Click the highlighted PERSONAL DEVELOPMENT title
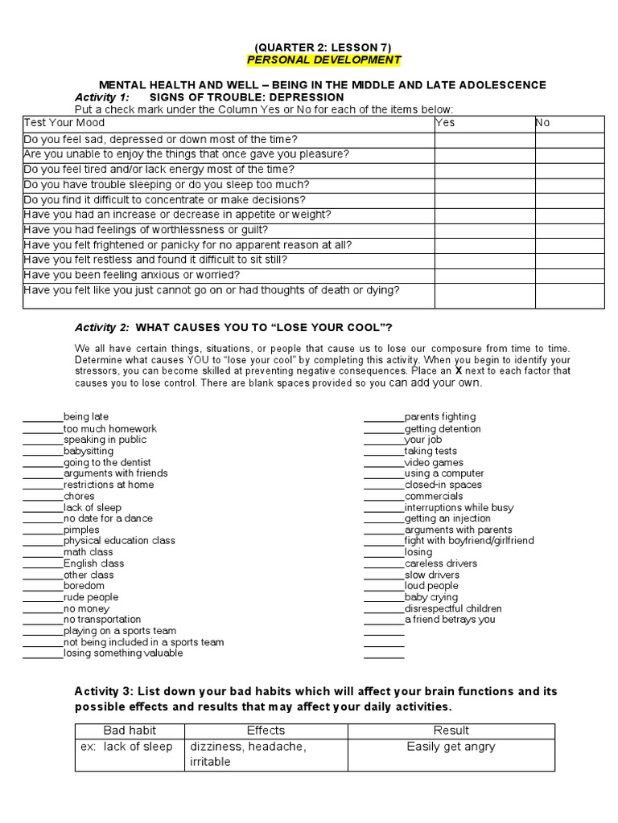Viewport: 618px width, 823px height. (323, 60)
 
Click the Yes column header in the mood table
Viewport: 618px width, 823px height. (445, 123)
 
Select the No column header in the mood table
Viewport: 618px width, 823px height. (543, 123)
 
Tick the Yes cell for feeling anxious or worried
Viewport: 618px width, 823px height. (484, 276)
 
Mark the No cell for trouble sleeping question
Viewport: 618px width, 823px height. (570, 185)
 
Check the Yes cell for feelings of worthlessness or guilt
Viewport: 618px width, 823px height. (484, 230)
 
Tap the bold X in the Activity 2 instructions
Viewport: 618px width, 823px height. (459, 371)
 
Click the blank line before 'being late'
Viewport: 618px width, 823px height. (43, 418)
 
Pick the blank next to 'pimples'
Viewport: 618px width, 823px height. (43, 530)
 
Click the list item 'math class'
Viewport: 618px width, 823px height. (89, 553)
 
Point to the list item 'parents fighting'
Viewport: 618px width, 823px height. (440, 417)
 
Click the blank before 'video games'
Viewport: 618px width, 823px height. (383, 464)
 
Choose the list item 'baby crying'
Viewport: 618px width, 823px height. (431, 598)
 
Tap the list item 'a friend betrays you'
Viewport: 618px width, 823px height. (450, 620)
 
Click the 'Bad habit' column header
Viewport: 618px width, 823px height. (130, 731)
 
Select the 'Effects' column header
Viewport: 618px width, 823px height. (266, 731)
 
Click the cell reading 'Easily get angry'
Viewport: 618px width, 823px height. (451, 747)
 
